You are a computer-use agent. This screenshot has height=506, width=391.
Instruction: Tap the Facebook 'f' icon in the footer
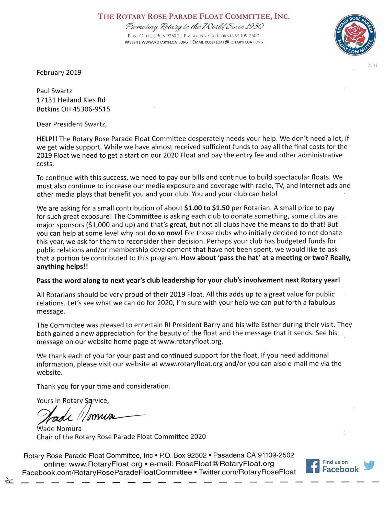[313, 466]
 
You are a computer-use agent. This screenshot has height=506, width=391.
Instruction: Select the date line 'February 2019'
[59, 73]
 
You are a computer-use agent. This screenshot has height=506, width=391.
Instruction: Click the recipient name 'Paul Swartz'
[54, 91]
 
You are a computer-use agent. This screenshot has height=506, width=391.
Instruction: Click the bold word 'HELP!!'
[47, 139]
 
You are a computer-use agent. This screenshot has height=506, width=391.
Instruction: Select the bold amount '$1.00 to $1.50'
[207, 208]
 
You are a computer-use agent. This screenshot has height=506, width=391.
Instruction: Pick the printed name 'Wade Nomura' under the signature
[59, 429]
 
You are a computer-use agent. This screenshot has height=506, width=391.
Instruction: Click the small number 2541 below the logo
[372, 65]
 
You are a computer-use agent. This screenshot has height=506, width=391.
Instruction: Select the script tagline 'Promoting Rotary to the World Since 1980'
[195, 27]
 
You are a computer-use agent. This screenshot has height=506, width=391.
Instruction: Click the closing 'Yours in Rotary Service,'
[73, 401]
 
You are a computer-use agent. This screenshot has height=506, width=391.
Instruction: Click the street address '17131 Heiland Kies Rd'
[71, 100]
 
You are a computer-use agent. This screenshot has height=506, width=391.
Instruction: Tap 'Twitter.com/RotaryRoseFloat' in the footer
[247, 472]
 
